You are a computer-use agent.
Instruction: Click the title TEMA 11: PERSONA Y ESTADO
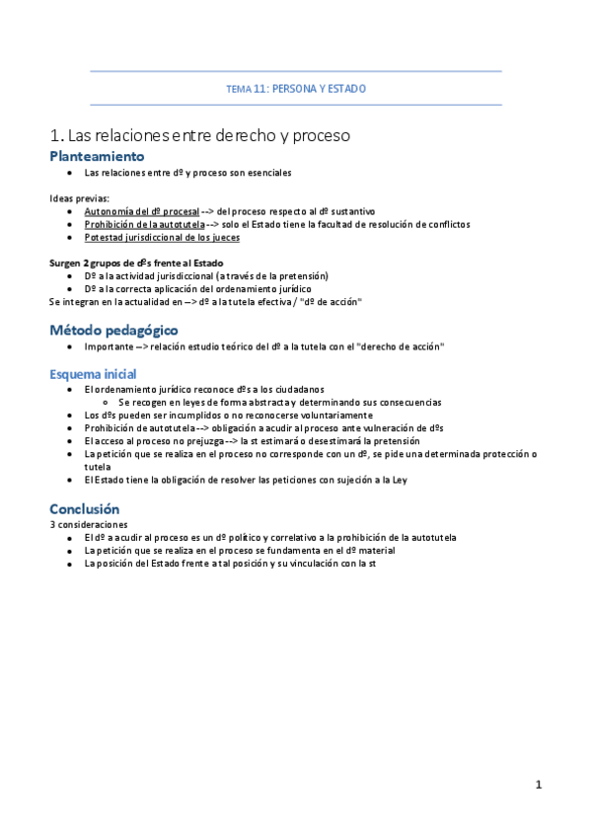(x=296, y=89)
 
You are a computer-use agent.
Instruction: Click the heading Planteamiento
(x=97, y=157)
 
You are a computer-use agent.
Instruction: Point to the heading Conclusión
(x=85, y=508)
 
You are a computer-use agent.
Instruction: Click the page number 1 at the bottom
(x=539, y=785)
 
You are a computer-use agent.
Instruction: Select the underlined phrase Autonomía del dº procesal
(x=141, y=211)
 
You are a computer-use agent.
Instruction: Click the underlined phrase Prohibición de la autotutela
(x=144, y=224)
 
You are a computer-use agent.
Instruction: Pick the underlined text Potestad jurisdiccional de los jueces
(x=162, y=237)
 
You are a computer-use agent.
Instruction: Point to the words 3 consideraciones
(x=88, y=524)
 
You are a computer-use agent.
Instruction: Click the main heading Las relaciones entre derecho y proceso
(x=200, y=134)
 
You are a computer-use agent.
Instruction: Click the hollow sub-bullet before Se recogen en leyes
(x=106, y=403)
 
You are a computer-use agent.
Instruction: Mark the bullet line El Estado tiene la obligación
(x=245, y=480)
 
